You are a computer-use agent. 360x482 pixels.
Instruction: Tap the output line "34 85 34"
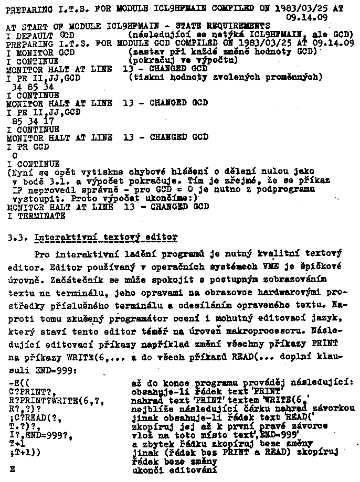[x=33, y=86]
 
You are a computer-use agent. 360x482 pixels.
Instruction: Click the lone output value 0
[x=14, y=155]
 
